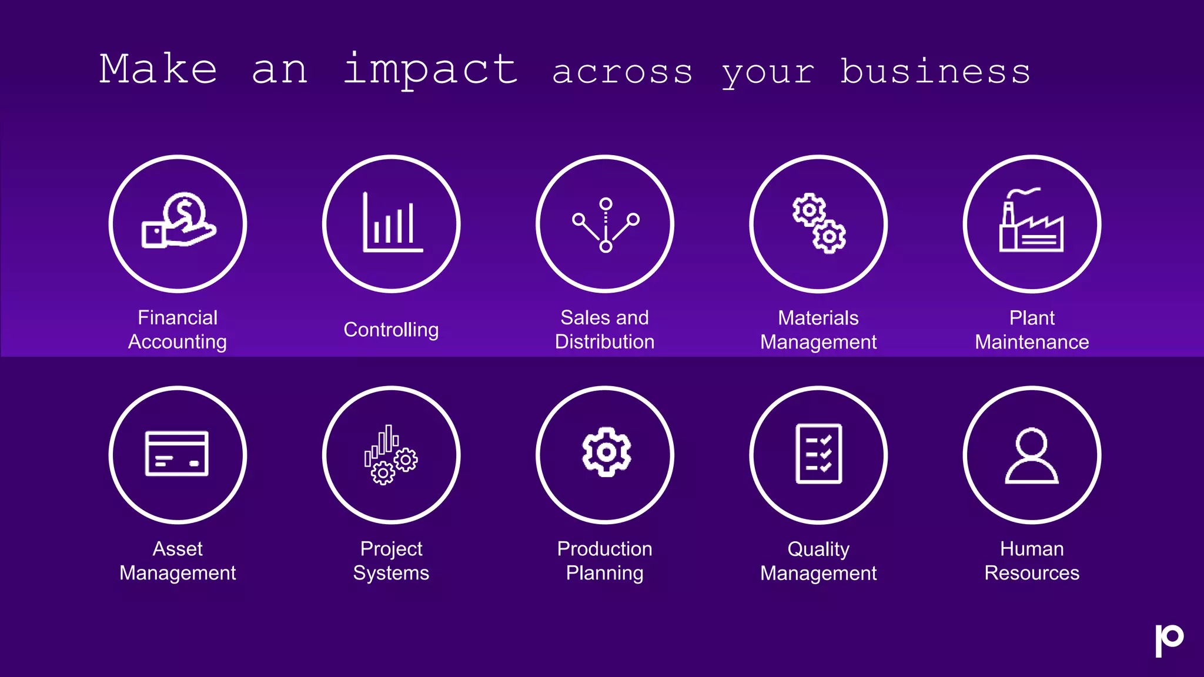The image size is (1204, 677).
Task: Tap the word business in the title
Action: (935, 72)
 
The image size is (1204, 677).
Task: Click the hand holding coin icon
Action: (178, 222)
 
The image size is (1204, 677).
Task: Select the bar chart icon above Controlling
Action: (392, 223)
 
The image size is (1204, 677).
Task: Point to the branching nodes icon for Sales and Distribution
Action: (606, 224)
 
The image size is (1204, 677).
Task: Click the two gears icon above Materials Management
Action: (818, 223)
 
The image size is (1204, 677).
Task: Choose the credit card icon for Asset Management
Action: (177, 454)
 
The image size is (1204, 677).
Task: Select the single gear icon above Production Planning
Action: (606, 452)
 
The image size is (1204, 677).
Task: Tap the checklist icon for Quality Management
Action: (818, 454)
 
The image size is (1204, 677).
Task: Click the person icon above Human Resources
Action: (1032, 455)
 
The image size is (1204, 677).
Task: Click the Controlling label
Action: (391, 330)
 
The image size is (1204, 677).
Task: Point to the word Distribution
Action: (604, 342)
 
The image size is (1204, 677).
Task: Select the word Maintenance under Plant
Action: (1032, 342)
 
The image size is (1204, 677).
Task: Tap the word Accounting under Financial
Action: (178, 342)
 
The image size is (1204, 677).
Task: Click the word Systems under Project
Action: (391, 573)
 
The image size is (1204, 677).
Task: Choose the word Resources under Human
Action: (1032, 573)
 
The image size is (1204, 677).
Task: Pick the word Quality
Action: (818, 549)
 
